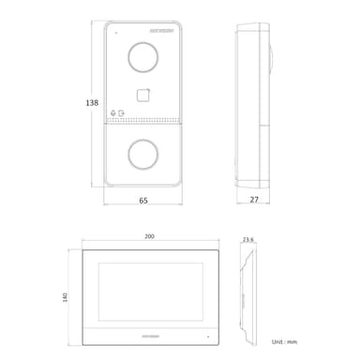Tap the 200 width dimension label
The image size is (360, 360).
[149, 237]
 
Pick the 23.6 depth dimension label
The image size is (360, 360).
[247, 240]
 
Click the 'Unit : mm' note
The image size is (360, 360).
[284, 344]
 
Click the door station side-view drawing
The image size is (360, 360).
[254, 103]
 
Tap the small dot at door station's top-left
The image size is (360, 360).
[116, 34]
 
